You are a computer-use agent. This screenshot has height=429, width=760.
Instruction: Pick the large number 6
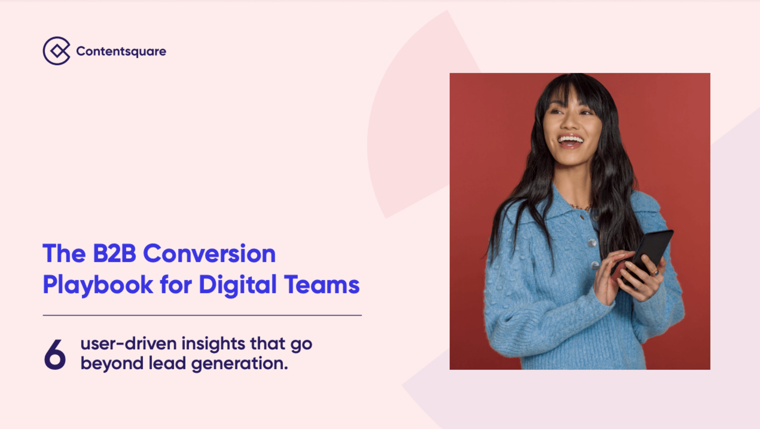tap(55, 354)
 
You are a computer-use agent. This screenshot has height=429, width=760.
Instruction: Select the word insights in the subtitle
tap(213, 344)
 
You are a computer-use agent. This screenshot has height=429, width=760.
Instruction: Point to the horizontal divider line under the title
tap(202, 315)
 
